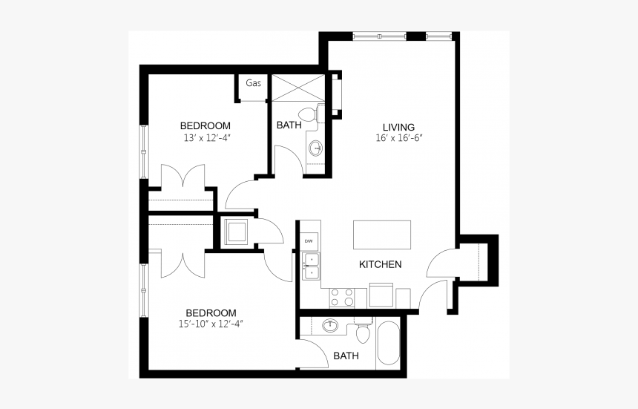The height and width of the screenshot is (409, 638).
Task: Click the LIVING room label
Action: click(x=398, y=126)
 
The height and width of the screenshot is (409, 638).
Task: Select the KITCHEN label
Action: click(x=380, y=264)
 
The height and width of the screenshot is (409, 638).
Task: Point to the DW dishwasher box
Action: click(x=309, y=241)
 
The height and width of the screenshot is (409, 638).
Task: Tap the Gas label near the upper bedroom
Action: click(x=253, y=83)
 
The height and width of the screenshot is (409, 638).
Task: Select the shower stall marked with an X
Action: click(x=297, y=88)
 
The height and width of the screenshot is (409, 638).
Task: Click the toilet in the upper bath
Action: click(x=320, y=115)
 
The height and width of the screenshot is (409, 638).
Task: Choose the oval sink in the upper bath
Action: click(x=316, y=148)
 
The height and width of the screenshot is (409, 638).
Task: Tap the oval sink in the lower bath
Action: click(x=331, y=326)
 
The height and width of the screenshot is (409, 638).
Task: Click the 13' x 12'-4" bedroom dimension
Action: click(x=205, y=138)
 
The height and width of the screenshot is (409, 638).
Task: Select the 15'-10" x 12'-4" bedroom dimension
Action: click(x=211, y=324)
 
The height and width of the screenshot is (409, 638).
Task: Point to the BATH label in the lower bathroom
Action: click(x=346, y=356)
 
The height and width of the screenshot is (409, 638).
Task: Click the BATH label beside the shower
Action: click(x=289, y=125)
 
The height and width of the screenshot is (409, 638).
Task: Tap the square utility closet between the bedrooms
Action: click(x=237, y=232)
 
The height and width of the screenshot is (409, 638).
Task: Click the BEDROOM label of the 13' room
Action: click(x=205, y=125)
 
